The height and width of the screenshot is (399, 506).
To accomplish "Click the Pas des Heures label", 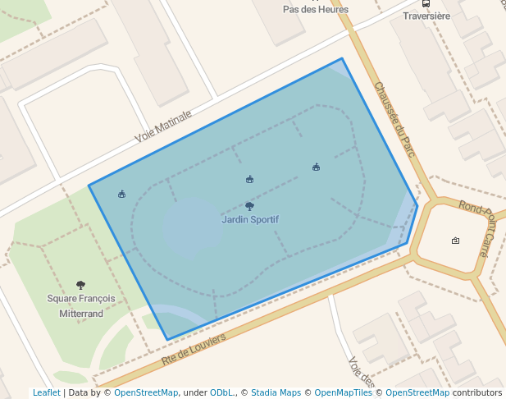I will click(316, 10).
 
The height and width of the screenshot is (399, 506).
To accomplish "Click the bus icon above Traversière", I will click(426, 2).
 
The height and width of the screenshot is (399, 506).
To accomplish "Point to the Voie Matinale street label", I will click(163, 126).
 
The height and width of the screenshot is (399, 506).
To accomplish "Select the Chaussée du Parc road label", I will click(394, 119).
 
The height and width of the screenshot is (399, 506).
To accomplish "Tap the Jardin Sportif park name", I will click(250, 220).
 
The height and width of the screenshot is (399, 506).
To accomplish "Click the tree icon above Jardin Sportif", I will click(250, 207).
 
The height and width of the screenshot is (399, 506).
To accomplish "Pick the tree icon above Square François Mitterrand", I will click(80, 285).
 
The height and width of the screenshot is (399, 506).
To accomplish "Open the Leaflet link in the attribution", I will click(47, 392).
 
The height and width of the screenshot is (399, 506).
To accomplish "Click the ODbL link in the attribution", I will click(221, 392).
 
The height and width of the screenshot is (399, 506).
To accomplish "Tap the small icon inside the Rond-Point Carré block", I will click(455, 241).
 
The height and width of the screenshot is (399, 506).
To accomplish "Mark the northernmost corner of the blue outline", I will click(342, 58).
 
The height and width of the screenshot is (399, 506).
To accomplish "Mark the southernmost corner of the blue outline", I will click(167, 340).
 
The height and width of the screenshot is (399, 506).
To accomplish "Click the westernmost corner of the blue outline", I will click(89, 186).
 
